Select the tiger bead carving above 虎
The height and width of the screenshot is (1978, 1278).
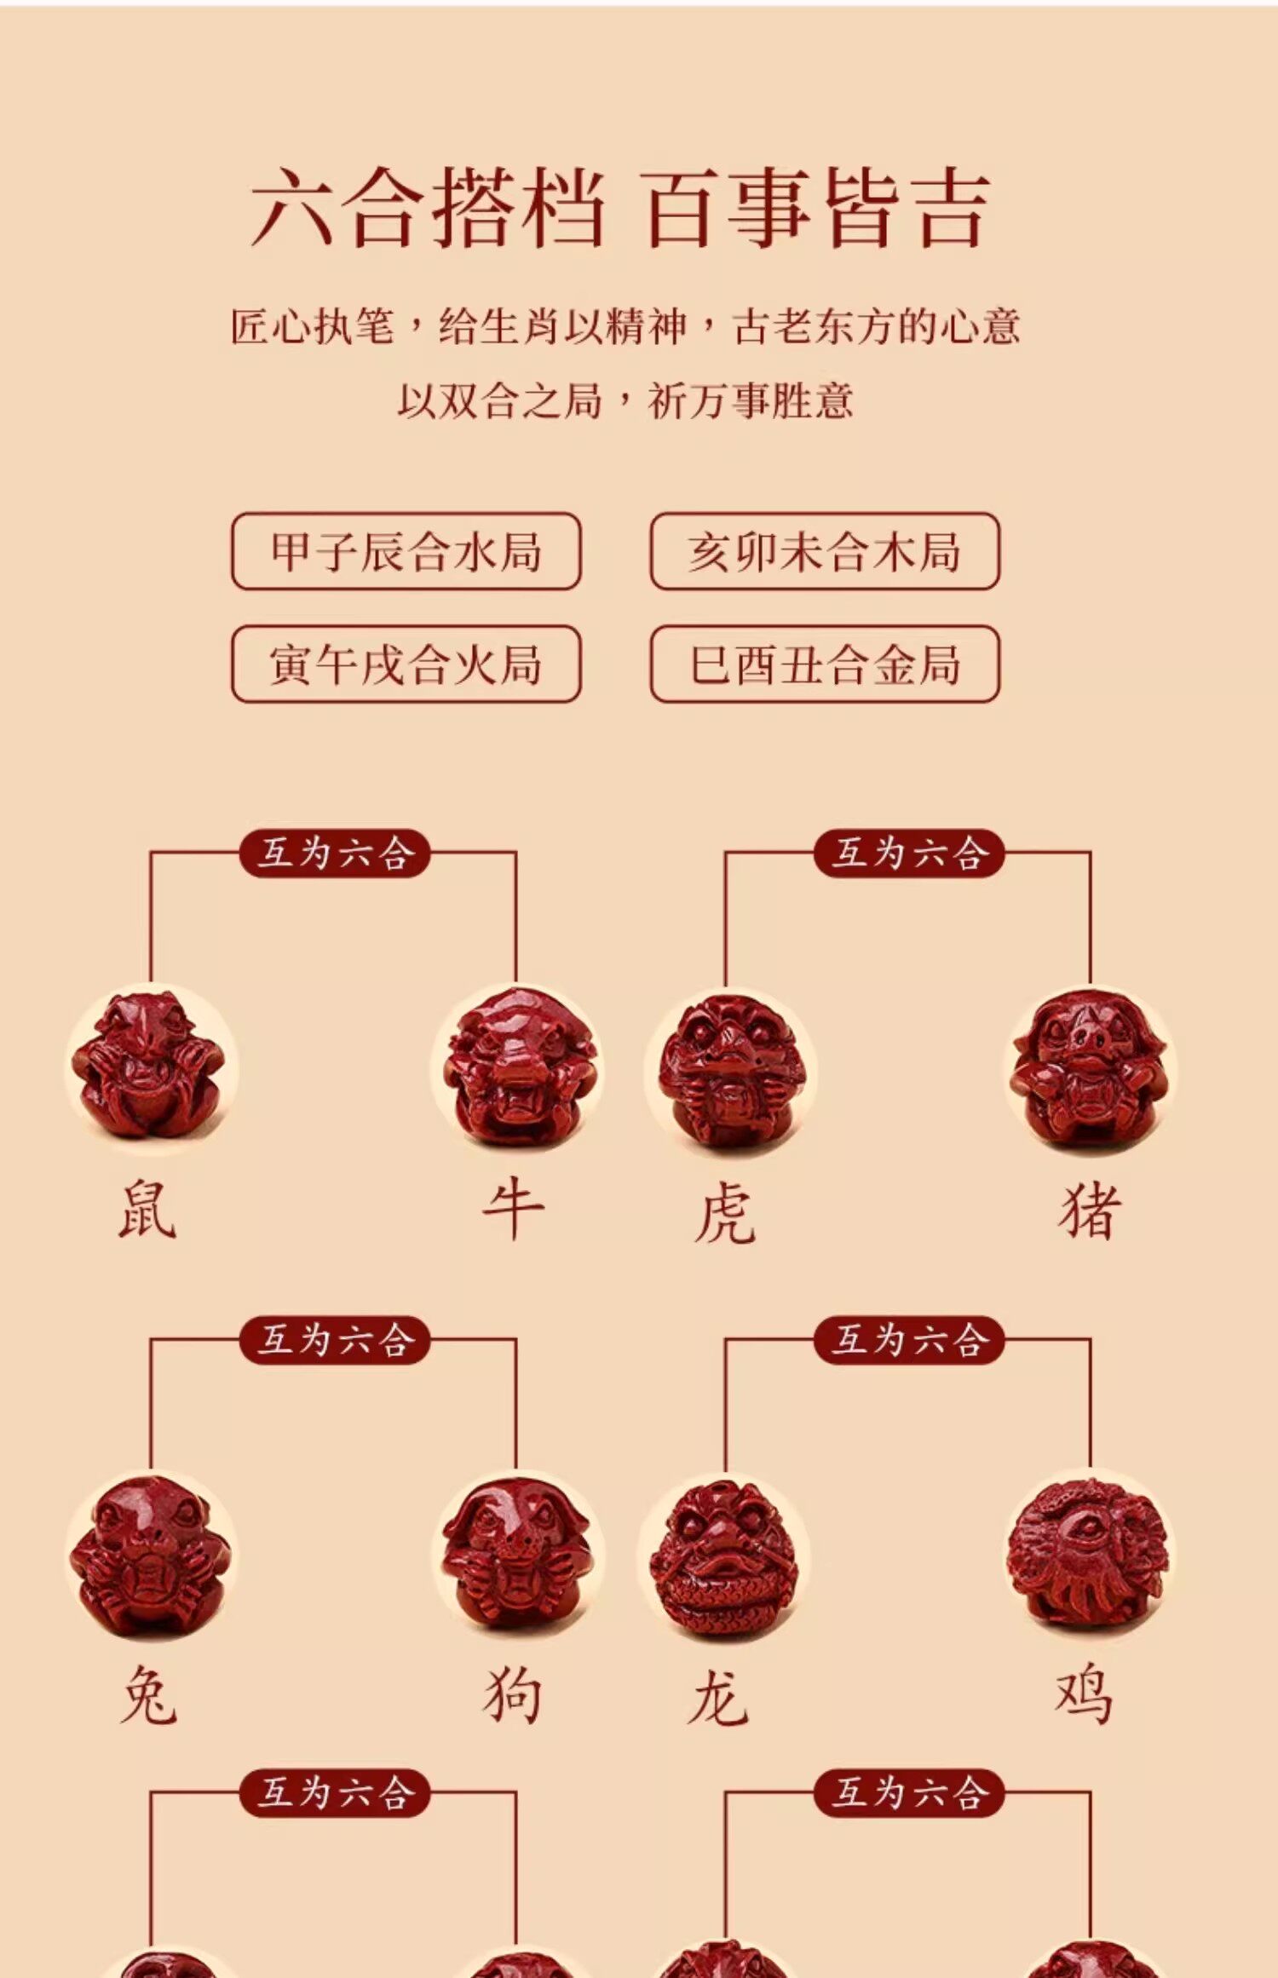[x=727, y=1072]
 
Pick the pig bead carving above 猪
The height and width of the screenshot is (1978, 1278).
[x=1090, y=1070]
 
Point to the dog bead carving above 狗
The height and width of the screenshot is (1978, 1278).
[x=516, y=1555]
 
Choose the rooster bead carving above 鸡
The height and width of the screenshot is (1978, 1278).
[x=1090, y=1555]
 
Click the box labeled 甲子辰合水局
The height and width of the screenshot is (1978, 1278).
[x=406, y=551]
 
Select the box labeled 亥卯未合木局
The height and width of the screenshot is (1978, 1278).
[x=825, y=551]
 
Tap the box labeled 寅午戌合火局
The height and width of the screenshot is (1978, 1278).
[x=406, y=664]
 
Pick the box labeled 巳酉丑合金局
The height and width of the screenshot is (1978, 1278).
[x=825, y=664]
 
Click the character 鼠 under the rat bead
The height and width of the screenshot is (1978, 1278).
[x=147, y=1210]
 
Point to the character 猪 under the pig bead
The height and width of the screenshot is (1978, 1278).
[x=1090, y=1210]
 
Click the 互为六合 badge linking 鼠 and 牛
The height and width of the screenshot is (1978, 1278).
[x=334, y=853]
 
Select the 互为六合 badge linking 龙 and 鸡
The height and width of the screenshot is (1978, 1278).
[x=908, y=1340]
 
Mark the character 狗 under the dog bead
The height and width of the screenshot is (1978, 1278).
[x=513, y=1695]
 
